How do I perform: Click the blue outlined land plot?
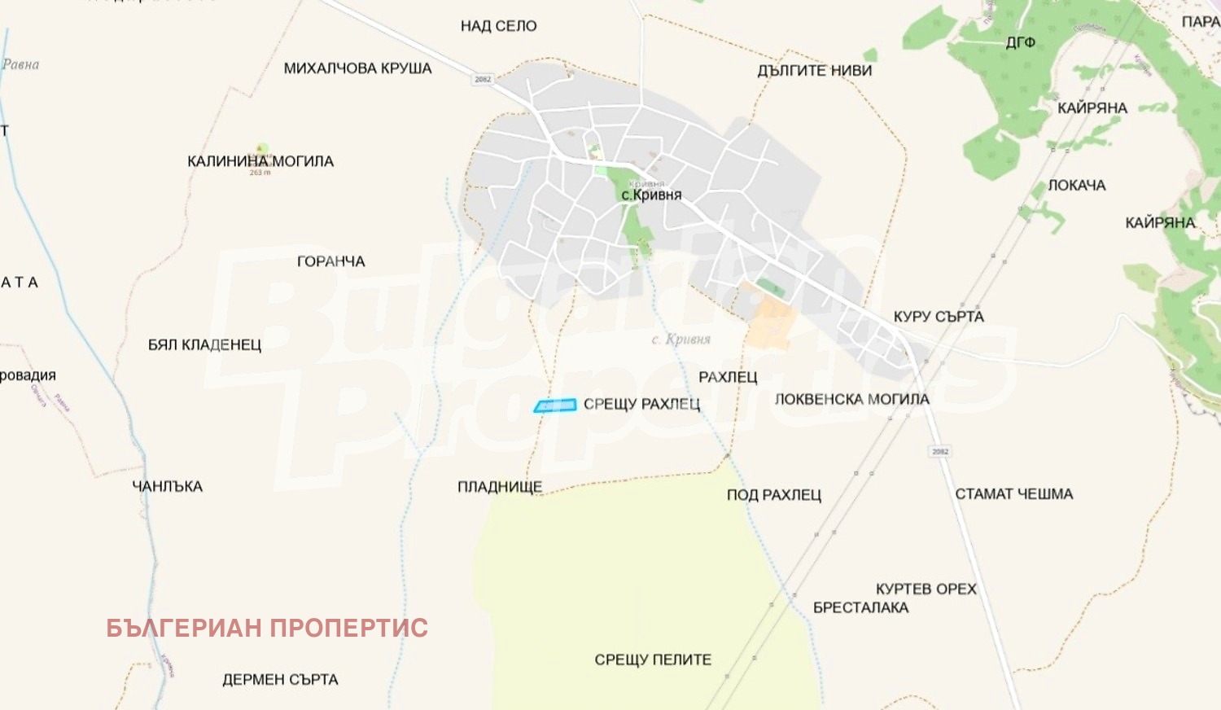coord(555,405)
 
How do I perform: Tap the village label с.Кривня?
coord(651,195)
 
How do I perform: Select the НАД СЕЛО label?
coord(498,26)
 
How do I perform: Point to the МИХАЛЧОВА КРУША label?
coord(357,68)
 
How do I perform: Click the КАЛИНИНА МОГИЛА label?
coord(260,161)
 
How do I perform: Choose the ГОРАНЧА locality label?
coord(330,261)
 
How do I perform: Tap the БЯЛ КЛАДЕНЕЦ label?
coord(204,345)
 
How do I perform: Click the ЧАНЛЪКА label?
coord(167,487)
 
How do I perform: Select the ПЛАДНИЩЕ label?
coord(499,487)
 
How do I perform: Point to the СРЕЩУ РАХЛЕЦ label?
coord(641,405)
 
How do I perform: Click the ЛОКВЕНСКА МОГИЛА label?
coord(851,400)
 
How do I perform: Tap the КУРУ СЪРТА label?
coord(939,317)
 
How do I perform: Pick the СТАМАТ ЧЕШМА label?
coord(1013,494)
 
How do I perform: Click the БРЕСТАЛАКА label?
coord(860,607)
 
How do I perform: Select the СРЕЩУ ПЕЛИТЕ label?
coord(653,660)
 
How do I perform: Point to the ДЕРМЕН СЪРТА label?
coord(280,680)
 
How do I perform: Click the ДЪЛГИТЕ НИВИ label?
coord(814,71)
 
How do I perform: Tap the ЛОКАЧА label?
coord(1076,186)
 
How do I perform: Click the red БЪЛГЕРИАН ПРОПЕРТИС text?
coord(267,628)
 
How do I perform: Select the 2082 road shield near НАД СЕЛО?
coord(483,79)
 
